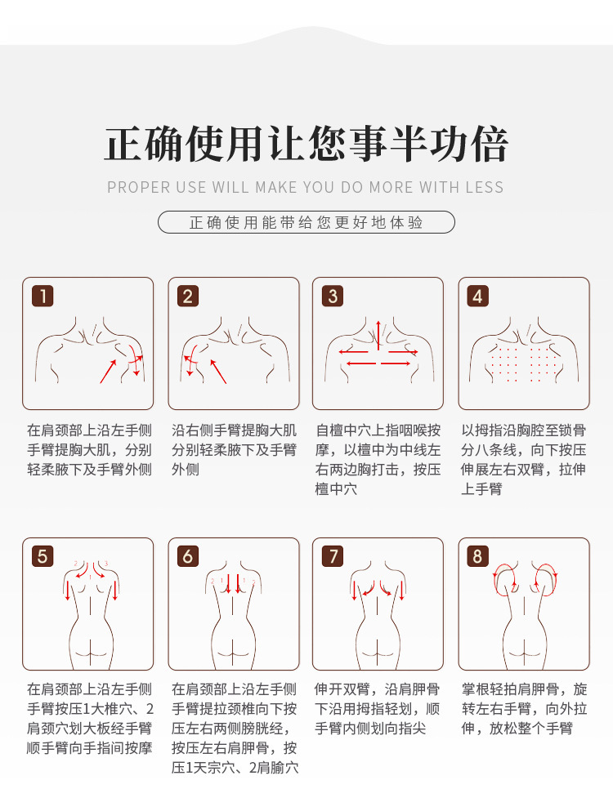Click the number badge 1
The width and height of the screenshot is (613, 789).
(x=43, y=296)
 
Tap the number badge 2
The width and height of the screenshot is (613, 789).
(x=188, y=296)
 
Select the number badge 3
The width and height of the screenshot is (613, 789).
(x=333, y=296)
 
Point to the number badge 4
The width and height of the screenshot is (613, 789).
(x=477, y=296)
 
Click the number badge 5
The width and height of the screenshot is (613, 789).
(x=43, y=556)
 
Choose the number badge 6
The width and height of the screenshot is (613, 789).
(x=188, y=556)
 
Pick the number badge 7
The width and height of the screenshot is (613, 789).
(x=333, y=556)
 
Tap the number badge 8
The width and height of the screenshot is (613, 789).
(x=477, y=556)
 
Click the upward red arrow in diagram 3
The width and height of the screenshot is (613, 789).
(x=378, y=335)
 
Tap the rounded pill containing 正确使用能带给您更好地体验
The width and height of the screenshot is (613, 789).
(x=306, y=222)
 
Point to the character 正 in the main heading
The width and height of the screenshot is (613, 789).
(x=123, y=145)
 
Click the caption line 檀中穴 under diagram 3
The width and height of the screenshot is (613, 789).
(x=336, y=488)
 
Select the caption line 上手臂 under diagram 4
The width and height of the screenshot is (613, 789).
(x=481, y=488)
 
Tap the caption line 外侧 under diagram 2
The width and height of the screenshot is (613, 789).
(x=186, y=469)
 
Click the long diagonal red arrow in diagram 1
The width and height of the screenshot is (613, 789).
(x=108, y=372)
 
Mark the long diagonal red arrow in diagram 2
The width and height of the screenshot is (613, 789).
(x=218, y=372)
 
